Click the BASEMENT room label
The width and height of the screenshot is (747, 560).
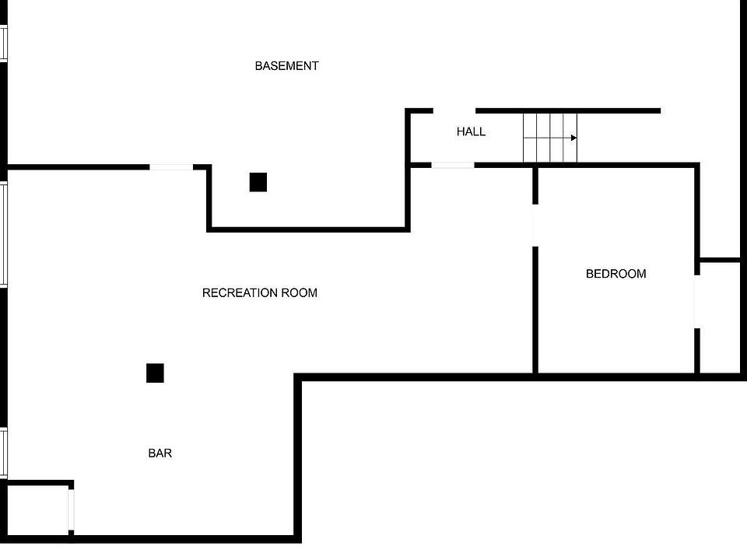(286, 66)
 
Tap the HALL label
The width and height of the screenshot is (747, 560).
(471, 132)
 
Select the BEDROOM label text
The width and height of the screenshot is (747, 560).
(615, 274)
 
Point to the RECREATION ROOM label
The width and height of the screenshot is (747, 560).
(259, 293)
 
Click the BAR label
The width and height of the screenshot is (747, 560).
(160, 453)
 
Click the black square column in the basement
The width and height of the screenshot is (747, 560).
(258, 182)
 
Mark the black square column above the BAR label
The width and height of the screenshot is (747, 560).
(155, 373)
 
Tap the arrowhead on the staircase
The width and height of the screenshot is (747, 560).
(573, 138)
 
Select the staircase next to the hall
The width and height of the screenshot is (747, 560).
(549, 138)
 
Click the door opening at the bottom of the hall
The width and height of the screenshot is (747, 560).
(453, 165)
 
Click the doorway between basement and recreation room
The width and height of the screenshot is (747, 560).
(171, 166)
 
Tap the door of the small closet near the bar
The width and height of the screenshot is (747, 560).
(71, 509)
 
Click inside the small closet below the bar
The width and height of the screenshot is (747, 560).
(37, 509)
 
